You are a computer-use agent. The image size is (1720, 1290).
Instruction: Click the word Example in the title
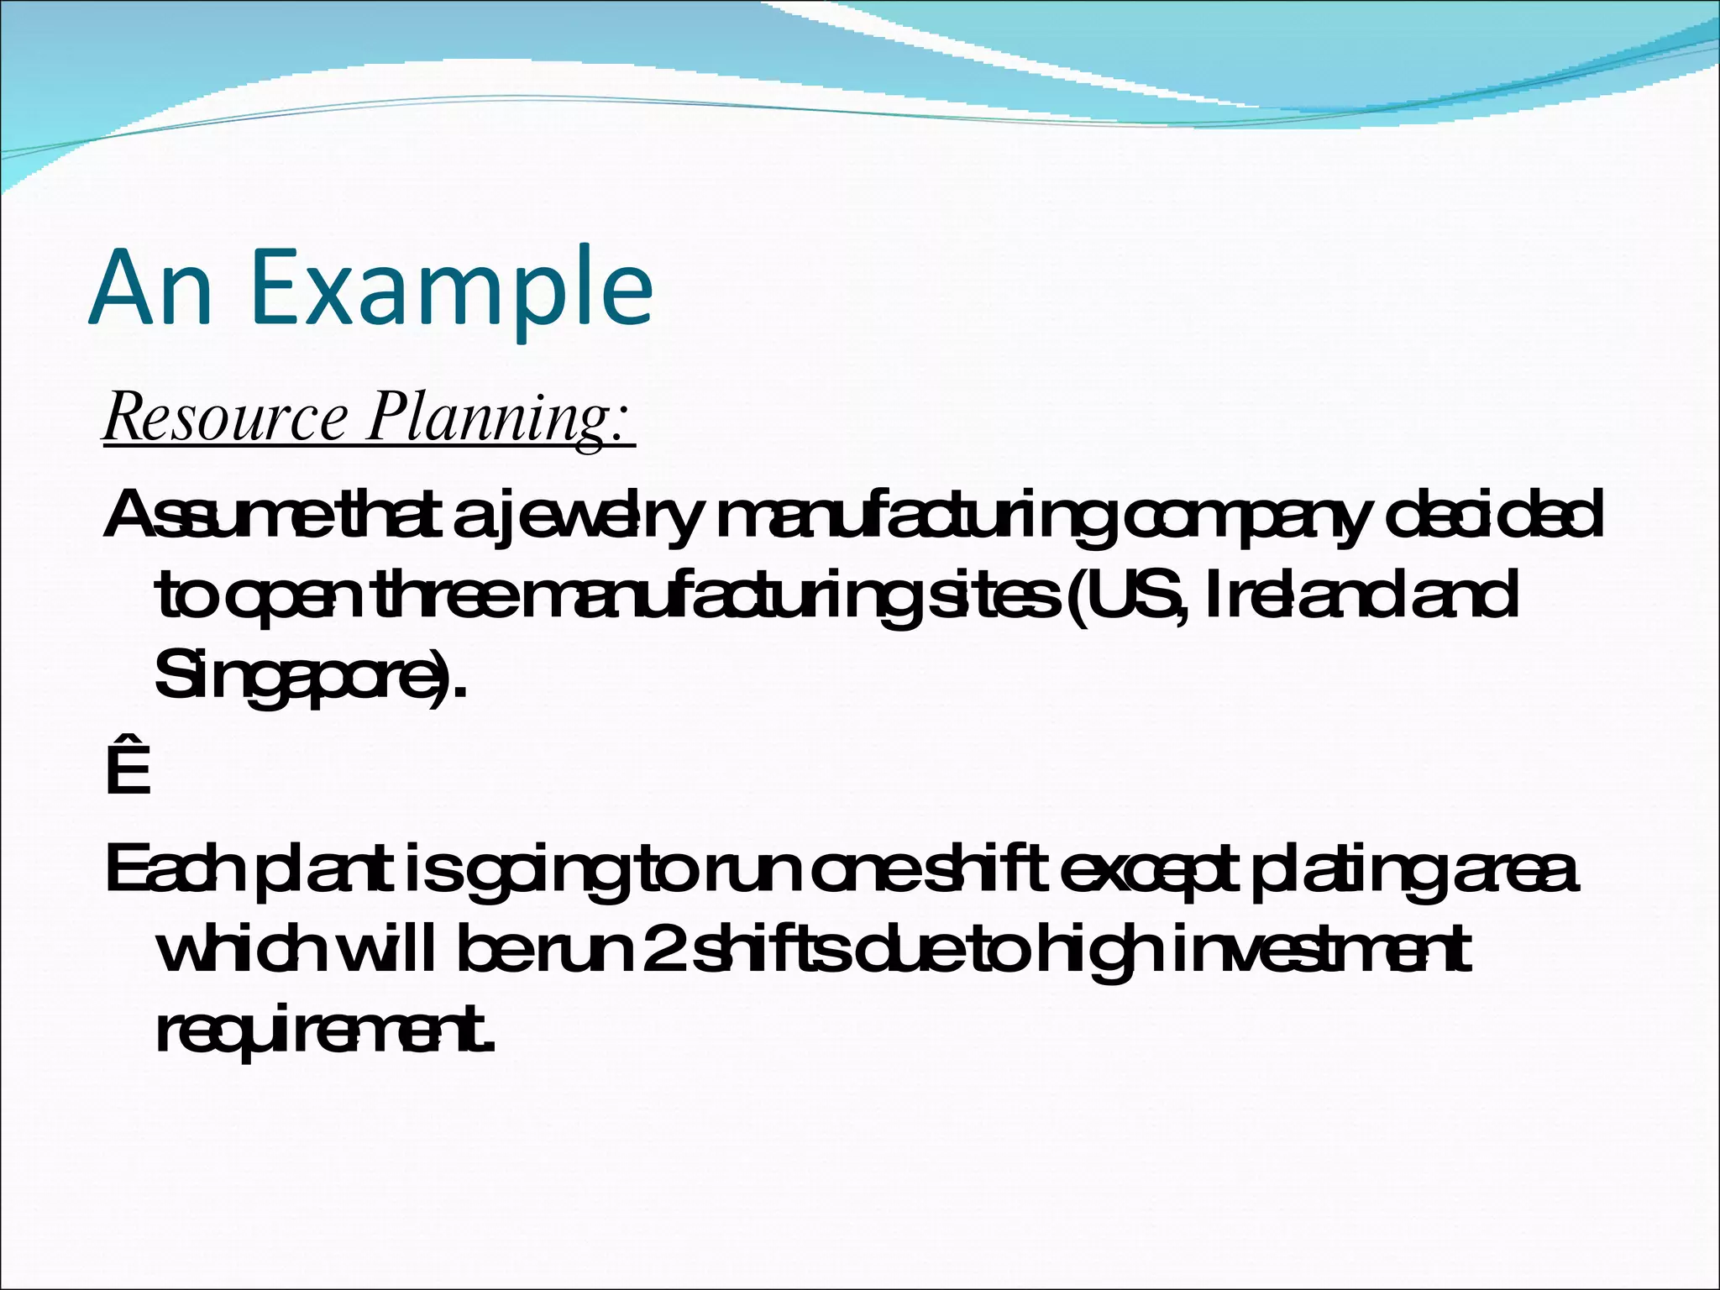451,287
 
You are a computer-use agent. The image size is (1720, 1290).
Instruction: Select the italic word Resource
225,417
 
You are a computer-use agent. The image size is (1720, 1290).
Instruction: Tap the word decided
1495,516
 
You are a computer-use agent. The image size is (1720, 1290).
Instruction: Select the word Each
173,870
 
